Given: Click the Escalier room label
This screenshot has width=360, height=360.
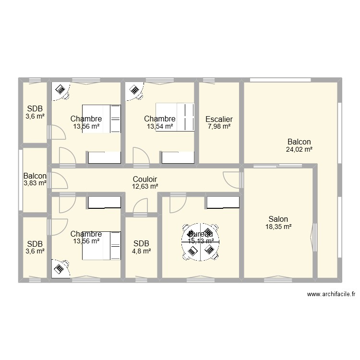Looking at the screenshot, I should click(219, 119).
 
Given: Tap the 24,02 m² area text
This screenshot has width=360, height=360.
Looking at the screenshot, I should click(299, 150).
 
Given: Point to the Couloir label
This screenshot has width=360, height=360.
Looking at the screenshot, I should click(145, 179).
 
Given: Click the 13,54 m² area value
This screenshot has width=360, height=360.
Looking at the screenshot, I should click(160, 127).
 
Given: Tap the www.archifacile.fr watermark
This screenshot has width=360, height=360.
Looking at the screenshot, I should click(333, 295).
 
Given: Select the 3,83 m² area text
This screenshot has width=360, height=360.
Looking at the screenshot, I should click(35, 183).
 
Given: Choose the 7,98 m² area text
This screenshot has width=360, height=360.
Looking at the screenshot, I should click(219, 127).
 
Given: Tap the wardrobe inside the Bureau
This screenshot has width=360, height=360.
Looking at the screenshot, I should click(223, 203).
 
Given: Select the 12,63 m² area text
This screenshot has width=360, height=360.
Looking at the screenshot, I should click(145, 187).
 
